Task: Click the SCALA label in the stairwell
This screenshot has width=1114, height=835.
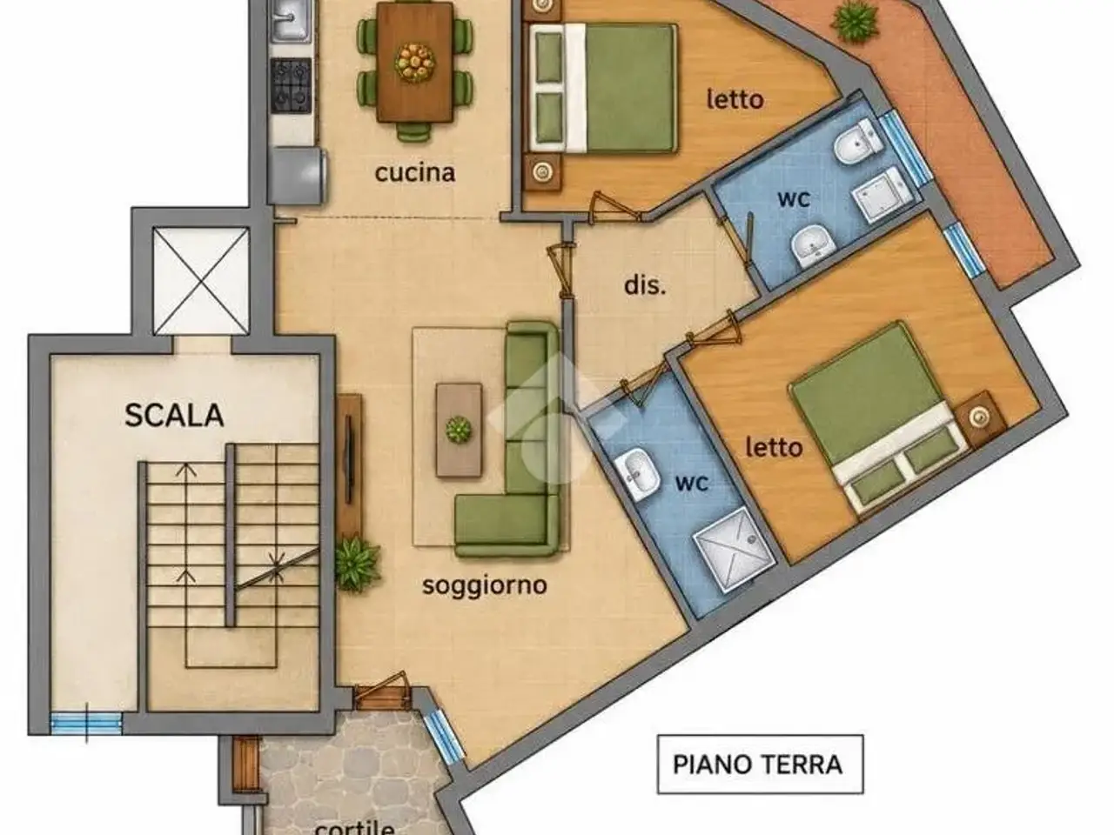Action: (x=174, y=415)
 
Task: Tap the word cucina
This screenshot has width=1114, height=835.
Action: (x=414, y=173)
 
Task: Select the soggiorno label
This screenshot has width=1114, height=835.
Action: (x=485, y=586)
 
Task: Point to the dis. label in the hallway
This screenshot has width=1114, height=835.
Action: (x=645, y=286)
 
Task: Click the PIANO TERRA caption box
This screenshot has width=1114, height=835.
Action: (x=760, y=764)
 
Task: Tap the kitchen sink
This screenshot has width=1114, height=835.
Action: (x=290, y=20)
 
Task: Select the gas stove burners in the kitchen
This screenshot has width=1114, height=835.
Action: (x=291, y=85)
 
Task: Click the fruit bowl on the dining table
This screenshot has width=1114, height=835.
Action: (x=415, y=61)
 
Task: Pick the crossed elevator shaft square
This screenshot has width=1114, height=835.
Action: (x=202, y=281)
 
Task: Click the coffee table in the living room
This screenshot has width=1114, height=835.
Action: (x=460, y=430)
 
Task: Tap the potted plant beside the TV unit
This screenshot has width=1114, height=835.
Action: (x=357, y=564)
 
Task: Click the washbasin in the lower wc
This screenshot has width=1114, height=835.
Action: (x=637, y=475)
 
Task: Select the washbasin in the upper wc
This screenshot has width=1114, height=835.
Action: (x=814, y=246)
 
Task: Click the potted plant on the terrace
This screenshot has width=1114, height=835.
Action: (x=855, y=20)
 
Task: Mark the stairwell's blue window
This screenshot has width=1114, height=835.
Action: (x=87, y=724)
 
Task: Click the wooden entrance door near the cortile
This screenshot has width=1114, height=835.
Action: (x=378, y=698)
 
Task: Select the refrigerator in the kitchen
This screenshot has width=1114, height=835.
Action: (x=296, y=176)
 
